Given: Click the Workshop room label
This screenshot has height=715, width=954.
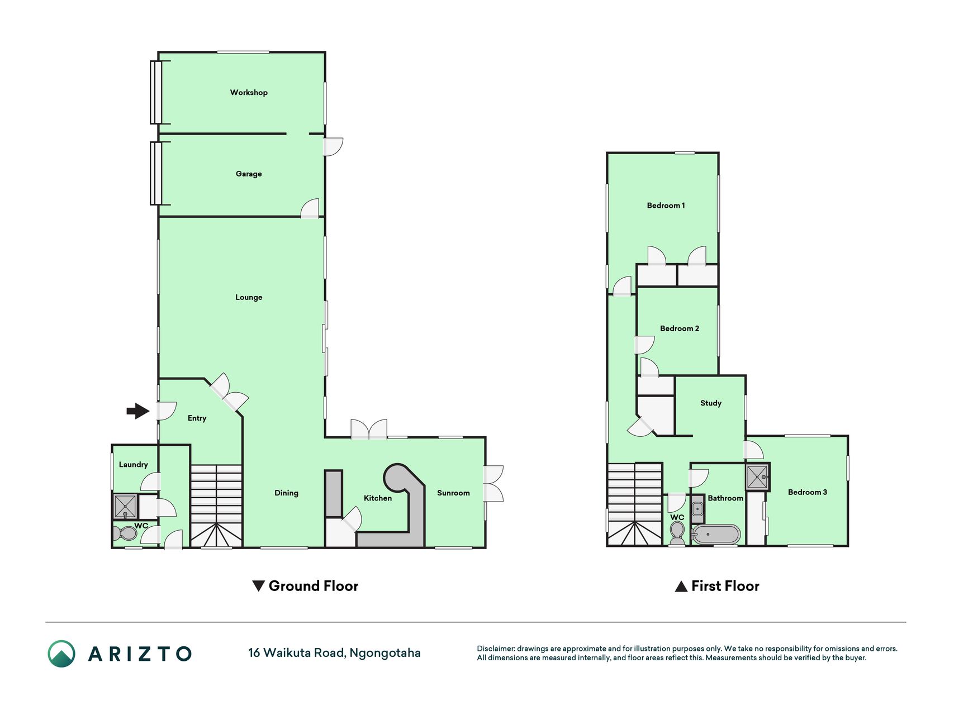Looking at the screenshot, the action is pyautogui.click(x=249, y=93).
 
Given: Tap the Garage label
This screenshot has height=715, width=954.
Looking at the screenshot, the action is pyautogui.click(x=249, y=174).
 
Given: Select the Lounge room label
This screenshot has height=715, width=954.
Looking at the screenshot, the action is pyautogui.click(x=249, y=297).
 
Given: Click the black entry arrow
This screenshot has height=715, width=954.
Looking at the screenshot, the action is pyautogui.click(x=138, y=411).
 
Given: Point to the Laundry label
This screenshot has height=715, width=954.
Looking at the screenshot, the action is pyautogui.click(x=133, y=465).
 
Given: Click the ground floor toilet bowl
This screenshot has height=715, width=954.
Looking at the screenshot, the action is pyautogui.click(x=125, y=533).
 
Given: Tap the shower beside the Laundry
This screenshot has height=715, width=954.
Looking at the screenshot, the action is pyautogui.click(x=125, y=506).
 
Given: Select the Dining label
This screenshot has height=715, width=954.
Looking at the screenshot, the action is pyautogui.click(x=286, y=493).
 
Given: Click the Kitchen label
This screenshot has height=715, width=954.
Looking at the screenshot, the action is pyautogui.click(x=378, y=498).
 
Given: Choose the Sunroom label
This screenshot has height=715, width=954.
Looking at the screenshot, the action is pyautogui.click(x=453, y=493).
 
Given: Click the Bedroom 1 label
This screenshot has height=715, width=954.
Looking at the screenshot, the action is pyautogui.click(x=666, y=206).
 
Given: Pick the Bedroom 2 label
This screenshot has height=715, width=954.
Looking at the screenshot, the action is pyautogui.click(x=680, y=328).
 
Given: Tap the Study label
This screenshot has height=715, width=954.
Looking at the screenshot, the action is pyautogui.click(x=711, y=403).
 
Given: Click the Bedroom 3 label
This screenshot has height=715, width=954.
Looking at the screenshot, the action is pyautogui.click(x=808, y=492).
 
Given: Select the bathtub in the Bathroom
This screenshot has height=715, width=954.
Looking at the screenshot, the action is pyautogui.click(x=716, y=535).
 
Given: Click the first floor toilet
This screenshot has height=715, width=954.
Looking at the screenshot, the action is pyautogui.click(x=677, y=532).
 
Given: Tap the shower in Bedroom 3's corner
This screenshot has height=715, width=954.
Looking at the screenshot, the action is pyautogui.click(x=757, y=477).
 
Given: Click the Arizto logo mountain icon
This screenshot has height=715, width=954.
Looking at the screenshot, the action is pyautogui.click(x=61, y=654).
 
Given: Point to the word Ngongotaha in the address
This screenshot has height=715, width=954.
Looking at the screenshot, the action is pyautogui.click(x=385, y=653).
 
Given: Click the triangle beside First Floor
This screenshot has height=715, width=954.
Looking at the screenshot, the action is pyautogui.click(x=681, y=587).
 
